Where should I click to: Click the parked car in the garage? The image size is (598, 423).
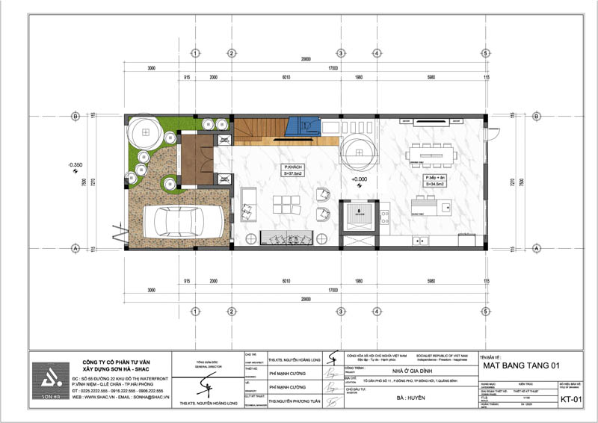[x=184, y=222]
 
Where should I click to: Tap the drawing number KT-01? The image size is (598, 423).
[x=571, y=400]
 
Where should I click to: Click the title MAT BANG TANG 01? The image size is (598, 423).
[x=521, y=365]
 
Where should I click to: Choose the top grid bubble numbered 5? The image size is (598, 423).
[x=485, y=53]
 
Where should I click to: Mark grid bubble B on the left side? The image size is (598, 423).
[x=75, y=116]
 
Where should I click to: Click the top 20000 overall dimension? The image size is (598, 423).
[x=303, y=59]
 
